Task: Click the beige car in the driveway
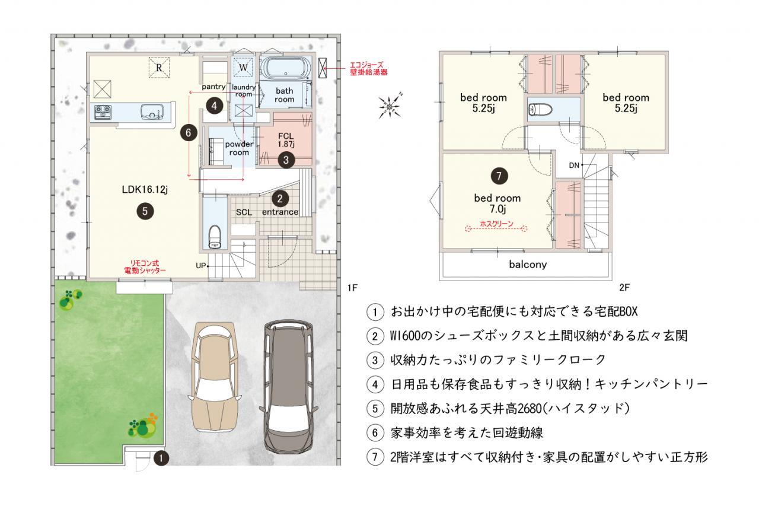pos(215,377)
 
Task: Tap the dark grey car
pos(288,387)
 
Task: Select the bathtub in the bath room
pos(286,68)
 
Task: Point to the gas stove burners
pos(103,112)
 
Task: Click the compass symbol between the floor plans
pos(390,107)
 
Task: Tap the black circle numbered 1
pos(161,459)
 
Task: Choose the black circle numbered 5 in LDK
pos(145,211)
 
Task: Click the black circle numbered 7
pos(499,176)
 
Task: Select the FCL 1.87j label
pos(286,140)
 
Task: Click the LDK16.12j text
pos(145,189)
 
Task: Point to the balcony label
pos(528,265)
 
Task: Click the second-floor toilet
pos(540,109)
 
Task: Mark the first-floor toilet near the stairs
pos(215,237)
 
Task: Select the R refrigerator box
pos(159,68)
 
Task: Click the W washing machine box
pos(243,68)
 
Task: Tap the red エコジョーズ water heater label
pos(368,68)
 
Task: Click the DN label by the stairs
pos(574,166)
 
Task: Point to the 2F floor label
pos(624,288)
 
